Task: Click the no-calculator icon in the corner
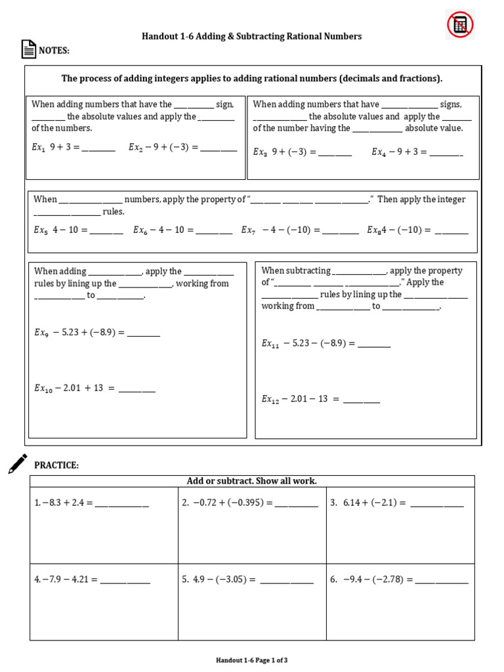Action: [x=460, y=25]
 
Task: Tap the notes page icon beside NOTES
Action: [x=28, y=50]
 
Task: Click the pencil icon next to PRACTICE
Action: [x=18, y=463]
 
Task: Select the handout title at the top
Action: [x=251, y=36]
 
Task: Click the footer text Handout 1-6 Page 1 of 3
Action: [x=251, y=660]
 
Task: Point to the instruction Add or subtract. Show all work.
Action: [x=251, y=481]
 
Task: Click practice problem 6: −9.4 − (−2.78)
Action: [x=377, y=579]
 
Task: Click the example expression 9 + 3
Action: [x=64, y=148]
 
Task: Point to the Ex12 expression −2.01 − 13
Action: [x=308, y=399]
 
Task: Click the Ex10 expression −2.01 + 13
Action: [x=85, y=388]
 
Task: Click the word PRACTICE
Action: [x=56, y=465]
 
